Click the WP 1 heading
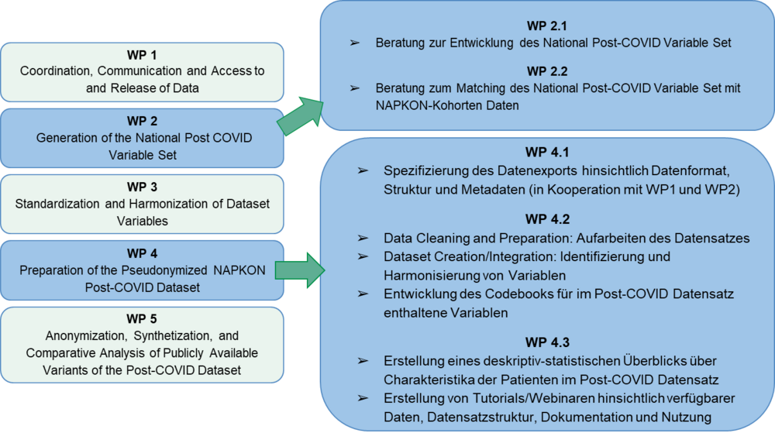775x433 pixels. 142,55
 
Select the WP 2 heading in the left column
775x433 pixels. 142,122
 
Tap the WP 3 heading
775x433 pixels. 142,187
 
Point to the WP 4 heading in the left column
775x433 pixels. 142,253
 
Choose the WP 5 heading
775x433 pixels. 142,320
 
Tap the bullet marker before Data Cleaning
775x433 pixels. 362,238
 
